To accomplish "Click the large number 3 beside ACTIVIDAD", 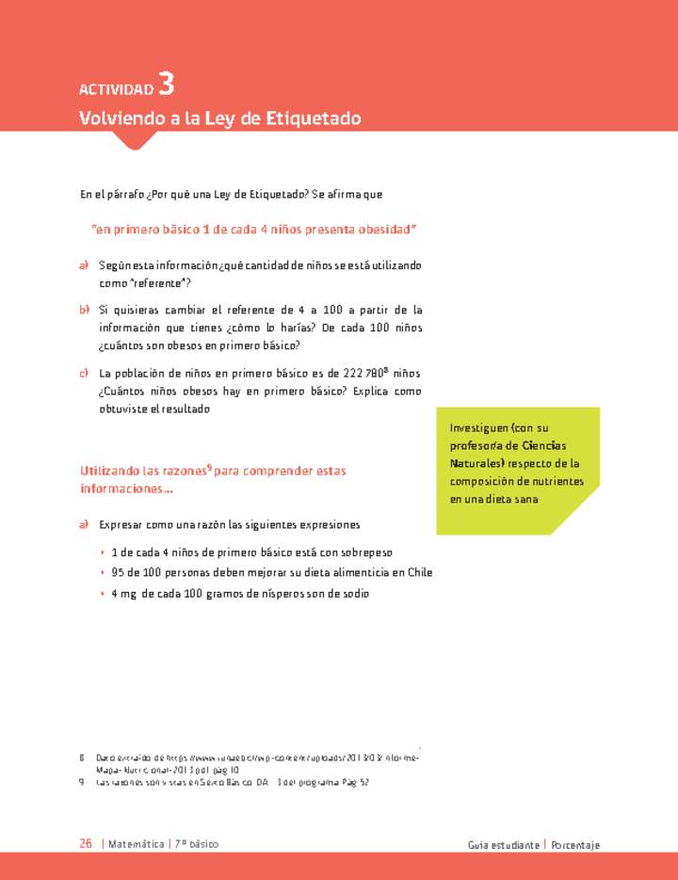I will tap(166, 85).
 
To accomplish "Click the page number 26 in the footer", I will tap(86, 844).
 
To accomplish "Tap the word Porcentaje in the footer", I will tap(575, 845).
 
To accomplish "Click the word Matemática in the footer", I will tap(136, 844).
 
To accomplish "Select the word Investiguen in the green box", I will tap(480, 428).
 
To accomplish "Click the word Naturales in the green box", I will tap(477, 464).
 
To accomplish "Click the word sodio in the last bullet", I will tap(354, 594).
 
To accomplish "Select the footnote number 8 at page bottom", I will tap(83, 757).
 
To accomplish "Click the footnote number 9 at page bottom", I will tap(83, 781).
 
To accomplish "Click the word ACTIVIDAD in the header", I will tap(117, 90).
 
